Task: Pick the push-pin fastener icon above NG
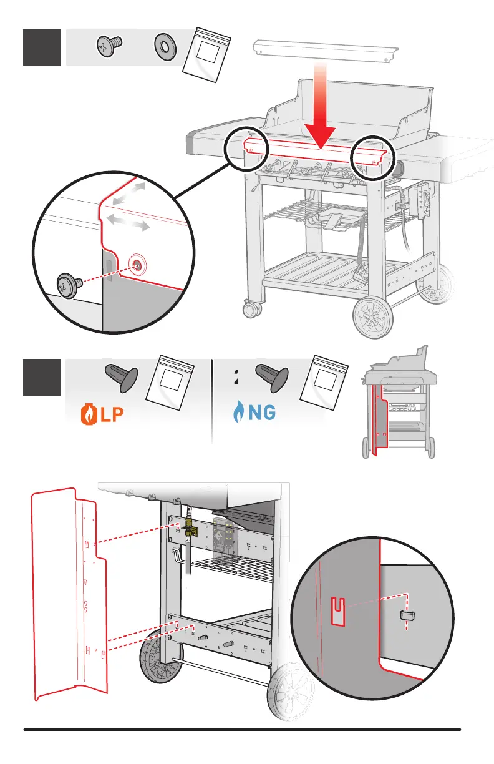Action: click(273, 378)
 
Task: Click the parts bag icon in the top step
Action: click(207, 55)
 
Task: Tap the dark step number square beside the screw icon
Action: click(41, 47)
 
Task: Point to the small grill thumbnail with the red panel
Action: click(399, 406)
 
